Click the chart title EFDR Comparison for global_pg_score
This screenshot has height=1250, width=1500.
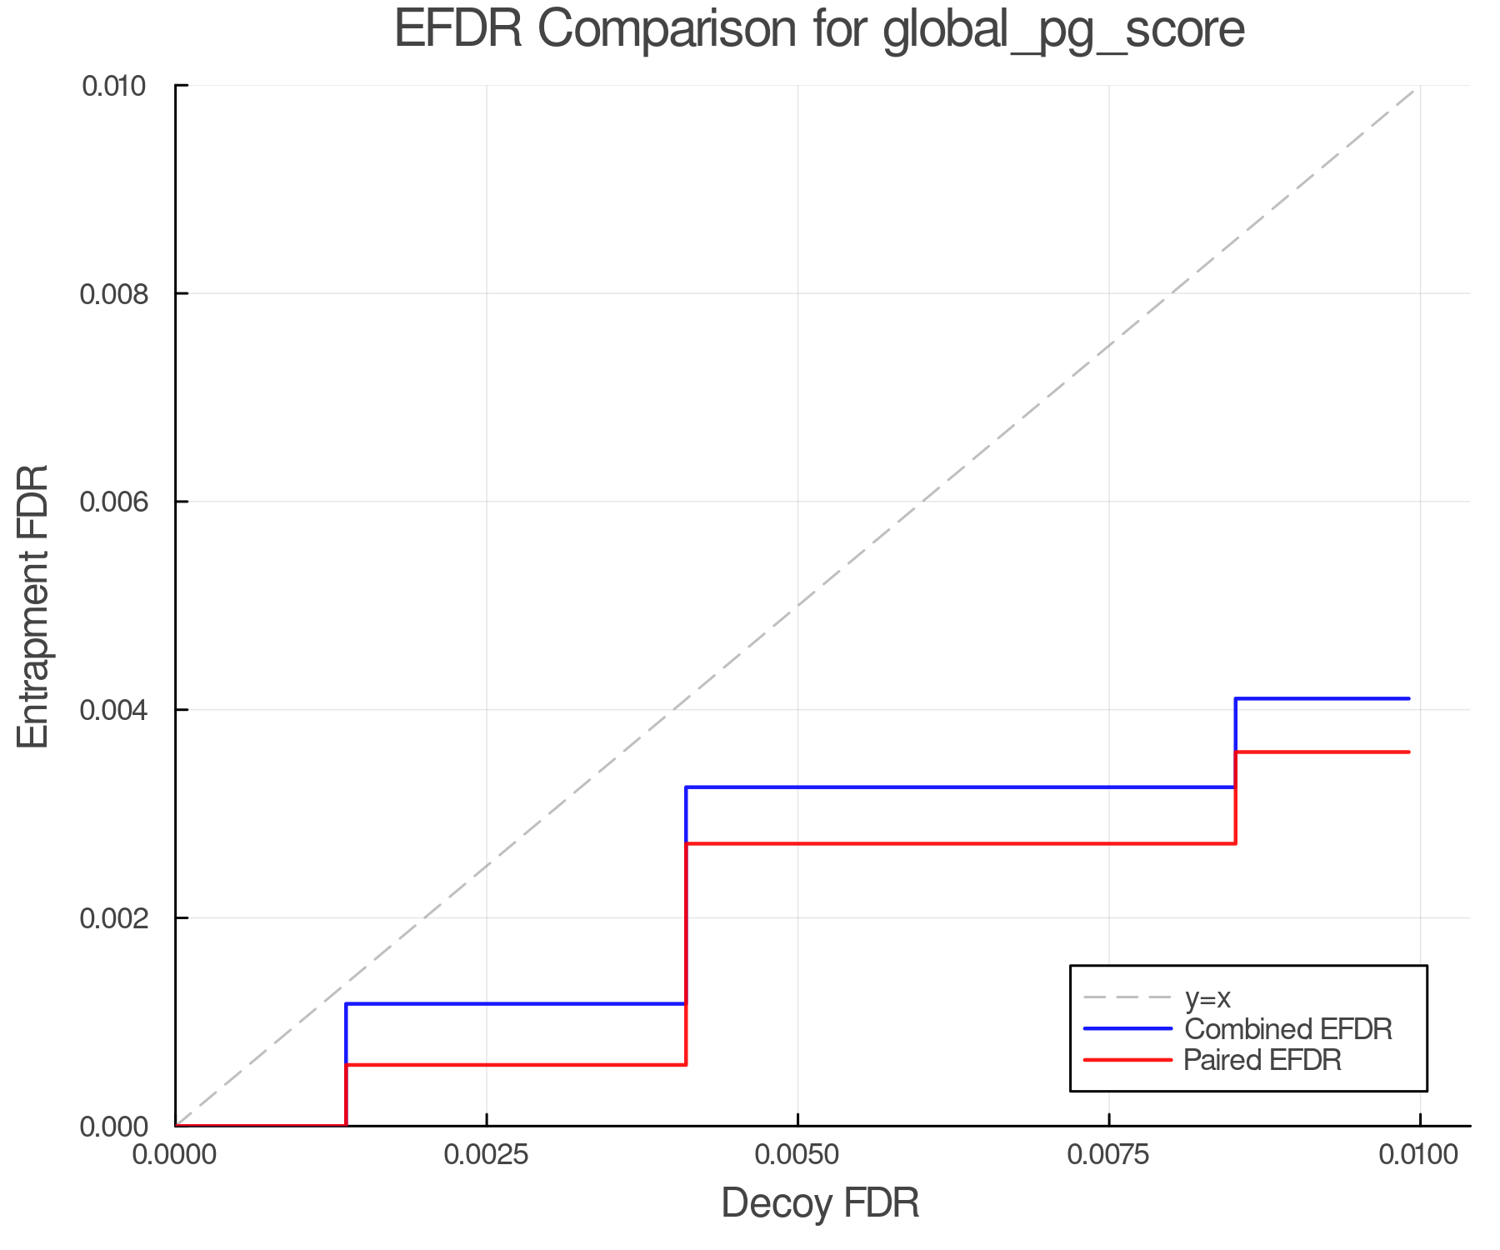819,29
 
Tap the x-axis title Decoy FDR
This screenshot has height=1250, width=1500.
820,1203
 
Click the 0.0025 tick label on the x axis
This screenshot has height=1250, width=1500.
487,1155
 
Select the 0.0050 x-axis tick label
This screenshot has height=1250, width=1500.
797,1155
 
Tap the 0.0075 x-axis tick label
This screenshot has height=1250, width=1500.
1109,1155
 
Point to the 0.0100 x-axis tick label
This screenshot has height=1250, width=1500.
1419,1155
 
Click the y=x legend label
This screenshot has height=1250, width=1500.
1207,997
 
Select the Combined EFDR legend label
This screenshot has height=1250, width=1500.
1287,1029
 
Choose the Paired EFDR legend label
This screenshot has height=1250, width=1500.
1262,1060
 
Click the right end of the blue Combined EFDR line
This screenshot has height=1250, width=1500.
1408,698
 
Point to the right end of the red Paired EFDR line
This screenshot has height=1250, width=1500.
1408,752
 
